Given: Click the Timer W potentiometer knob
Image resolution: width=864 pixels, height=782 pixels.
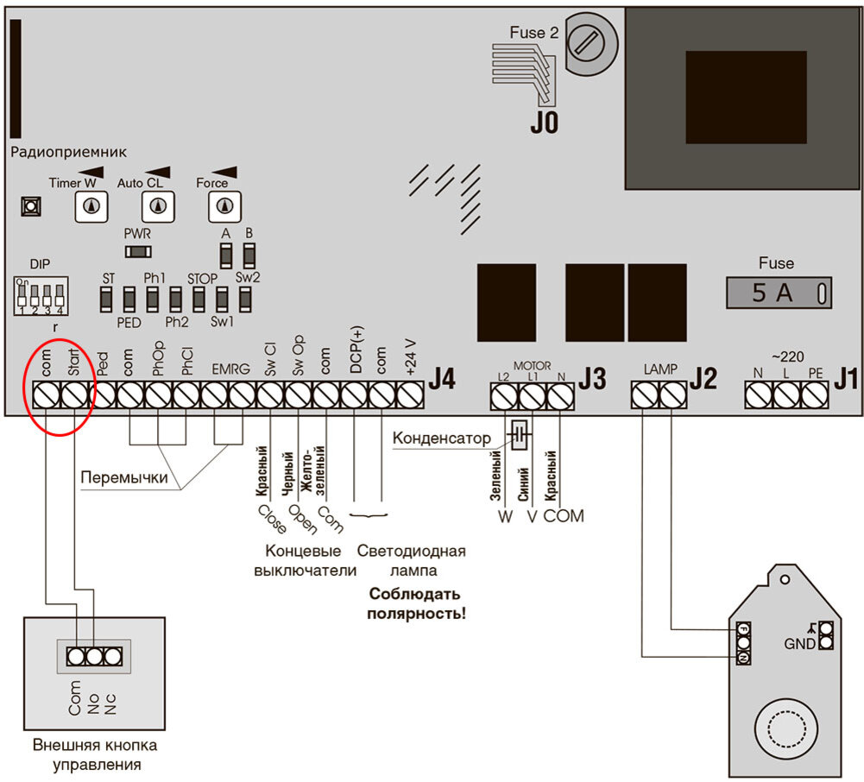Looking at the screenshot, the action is pos(91,206).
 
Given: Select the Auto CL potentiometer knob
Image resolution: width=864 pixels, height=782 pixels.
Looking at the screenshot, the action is pos(158,206).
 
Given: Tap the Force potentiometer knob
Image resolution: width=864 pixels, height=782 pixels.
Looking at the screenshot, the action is pos(224,206).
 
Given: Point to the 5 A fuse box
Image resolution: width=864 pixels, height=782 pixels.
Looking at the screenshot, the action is pos(779,293).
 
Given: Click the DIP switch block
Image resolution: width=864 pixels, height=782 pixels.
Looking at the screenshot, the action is pos(41,296).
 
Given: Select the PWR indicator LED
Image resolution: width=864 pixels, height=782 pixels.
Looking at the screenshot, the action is pos(138,252).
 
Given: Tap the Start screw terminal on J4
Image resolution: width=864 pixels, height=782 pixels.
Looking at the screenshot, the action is pos(74,395).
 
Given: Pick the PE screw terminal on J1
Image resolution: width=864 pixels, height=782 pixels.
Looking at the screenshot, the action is pos(815,395).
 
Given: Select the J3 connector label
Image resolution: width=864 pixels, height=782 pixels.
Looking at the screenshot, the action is pos(592,379).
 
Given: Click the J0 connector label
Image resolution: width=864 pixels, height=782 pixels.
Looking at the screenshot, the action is pos(545,123).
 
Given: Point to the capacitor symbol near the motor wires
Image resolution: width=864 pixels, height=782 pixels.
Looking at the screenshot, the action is pos(520,435).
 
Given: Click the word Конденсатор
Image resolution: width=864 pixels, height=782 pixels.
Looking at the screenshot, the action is pos(441,438).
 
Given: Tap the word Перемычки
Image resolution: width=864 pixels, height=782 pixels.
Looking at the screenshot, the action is pos(124,477).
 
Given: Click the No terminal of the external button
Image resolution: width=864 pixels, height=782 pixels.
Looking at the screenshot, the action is pos(94,656).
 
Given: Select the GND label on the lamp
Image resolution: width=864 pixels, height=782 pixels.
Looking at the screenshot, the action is pos(799,643).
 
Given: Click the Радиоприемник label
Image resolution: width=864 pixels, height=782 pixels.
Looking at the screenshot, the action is pos(68,152).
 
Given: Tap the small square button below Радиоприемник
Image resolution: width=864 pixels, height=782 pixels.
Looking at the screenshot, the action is pos(31,206).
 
